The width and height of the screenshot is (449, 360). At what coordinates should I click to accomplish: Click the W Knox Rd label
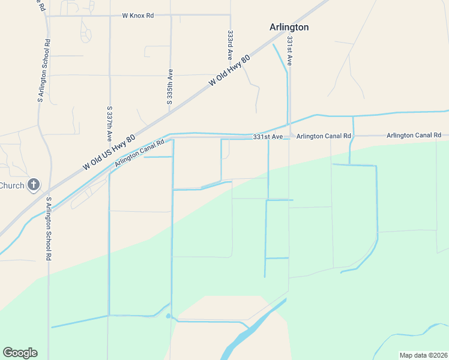coord(139,16)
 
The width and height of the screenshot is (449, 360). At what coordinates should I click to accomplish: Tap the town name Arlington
coord(289,27)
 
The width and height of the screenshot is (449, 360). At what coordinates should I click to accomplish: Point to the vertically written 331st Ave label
coord(289,51)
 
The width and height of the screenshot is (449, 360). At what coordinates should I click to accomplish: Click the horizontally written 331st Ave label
coord(268,137)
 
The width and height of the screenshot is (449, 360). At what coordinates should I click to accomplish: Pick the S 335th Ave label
coord(170,86)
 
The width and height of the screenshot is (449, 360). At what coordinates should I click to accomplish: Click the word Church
coord(11,185)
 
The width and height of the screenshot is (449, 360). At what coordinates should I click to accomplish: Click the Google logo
coord(20,353)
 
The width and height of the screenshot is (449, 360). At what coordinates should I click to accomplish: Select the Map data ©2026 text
coord(423,355)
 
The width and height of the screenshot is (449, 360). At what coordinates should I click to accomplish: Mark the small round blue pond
coord(168,316)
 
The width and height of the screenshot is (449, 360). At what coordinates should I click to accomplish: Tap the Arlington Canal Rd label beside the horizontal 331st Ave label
coord(324,136)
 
